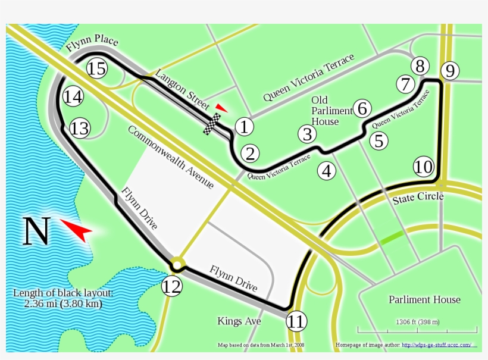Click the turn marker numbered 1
[x=244, y=126]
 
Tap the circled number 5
[x=378, y=141]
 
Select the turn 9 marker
[x=450, y=71]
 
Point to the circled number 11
[x=296, y=322]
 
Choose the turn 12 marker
[x=171, y=287]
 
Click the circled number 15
[x=96, y=68]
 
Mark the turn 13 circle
[x=80, y=128]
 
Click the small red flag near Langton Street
[x=221, y=108]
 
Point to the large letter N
[x=36, y=231]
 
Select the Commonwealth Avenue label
[x=170, y=158]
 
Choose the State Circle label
[x=418, y=198]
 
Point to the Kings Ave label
[x=239, y=321]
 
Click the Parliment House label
[x=424, y=299]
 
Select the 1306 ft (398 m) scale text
[x=417, y=322]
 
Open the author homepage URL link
[x=436, y=345]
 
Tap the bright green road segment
[x=392, y=237]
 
